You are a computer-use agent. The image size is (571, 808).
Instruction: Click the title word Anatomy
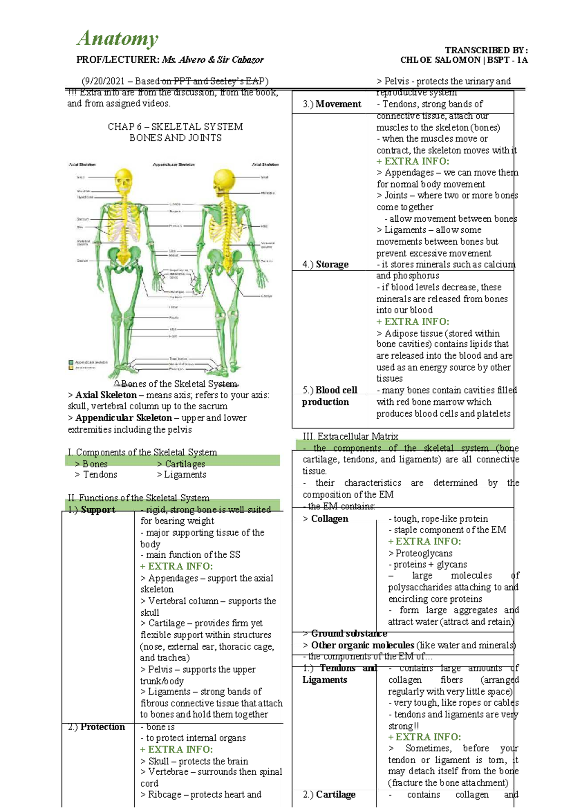(118, 39)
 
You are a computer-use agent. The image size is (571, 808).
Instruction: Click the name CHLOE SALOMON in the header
(440, 60)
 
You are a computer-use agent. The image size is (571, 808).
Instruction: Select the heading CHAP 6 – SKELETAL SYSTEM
(175, 127)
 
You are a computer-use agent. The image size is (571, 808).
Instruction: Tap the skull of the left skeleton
(124, 179)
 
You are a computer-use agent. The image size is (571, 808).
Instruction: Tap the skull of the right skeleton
(224, 179)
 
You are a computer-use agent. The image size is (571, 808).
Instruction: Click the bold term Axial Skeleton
(106, 395)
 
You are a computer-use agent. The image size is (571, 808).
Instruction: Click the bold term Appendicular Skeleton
(123, 418)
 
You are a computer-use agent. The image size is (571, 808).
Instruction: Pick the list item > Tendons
(96, 474)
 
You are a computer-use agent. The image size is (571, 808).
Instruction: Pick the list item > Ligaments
(182, 474)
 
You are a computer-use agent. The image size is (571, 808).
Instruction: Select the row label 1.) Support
(92, 510)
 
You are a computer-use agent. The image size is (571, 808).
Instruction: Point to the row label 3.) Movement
(332, 104)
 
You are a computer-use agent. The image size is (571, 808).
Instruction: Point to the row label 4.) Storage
(325, 265)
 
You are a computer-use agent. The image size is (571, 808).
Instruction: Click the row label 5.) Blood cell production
(329, 396)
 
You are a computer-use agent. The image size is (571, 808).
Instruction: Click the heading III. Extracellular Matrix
(350, 436)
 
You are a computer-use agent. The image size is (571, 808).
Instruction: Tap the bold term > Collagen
(326, 519)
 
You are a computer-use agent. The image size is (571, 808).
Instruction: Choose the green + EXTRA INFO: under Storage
(413, 322)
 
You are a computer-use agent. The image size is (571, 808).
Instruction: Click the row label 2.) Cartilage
(329, 794)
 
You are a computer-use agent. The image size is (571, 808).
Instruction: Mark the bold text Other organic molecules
(363, 645)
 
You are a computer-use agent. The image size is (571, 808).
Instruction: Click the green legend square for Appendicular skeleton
(71, 362)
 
